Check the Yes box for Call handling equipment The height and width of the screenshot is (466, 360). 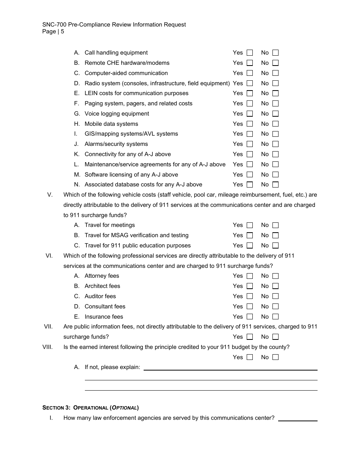point(250,53)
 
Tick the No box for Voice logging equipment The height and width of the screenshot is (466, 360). point(275,114)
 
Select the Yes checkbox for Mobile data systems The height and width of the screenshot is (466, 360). point(250,124)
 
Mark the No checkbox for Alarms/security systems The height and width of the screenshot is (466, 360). point(275,144)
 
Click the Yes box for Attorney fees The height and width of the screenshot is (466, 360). point(250,276)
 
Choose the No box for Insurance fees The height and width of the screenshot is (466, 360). point(275,317)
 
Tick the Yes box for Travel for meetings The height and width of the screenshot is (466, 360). point(250,225)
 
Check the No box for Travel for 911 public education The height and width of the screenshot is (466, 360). point(275,246)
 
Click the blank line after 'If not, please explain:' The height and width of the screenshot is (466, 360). point(230,367)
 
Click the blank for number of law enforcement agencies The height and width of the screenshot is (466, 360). point(298,418)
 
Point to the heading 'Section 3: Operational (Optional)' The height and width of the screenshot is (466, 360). point(91,408)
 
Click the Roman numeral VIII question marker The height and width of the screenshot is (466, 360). point(47,347)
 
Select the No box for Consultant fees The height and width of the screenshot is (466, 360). point(275,306)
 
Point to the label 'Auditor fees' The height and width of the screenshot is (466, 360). point(100,296)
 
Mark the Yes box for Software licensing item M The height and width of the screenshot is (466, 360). point(250,175)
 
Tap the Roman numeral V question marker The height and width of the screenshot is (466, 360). point(50,195)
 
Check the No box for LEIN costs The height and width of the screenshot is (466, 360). point(275,93)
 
